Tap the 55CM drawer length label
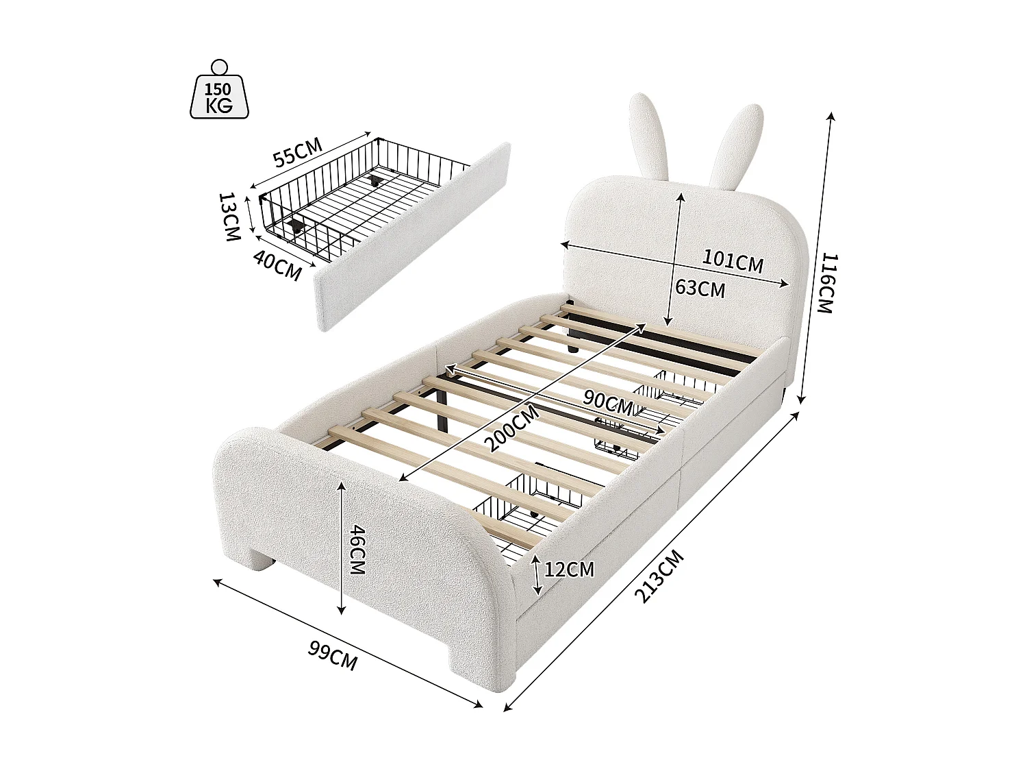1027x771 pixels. click(x=298, y=152)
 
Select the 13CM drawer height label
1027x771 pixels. click(x=229, y=217)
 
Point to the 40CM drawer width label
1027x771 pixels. click(x=277, y=265)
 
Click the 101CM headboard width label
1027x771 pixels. click(x=733, y=260)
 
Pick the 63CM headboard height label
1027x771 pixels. click(x=700, y=288)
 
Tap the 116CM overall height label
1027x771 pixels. click(x=828, y=282)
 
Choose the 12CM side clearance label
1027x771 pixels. click(x=568, y=569)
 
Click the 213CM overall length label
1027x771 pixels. click(x=659, y=576)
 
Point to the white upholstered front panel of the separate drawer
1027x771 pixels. click(x=411, y=236)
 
